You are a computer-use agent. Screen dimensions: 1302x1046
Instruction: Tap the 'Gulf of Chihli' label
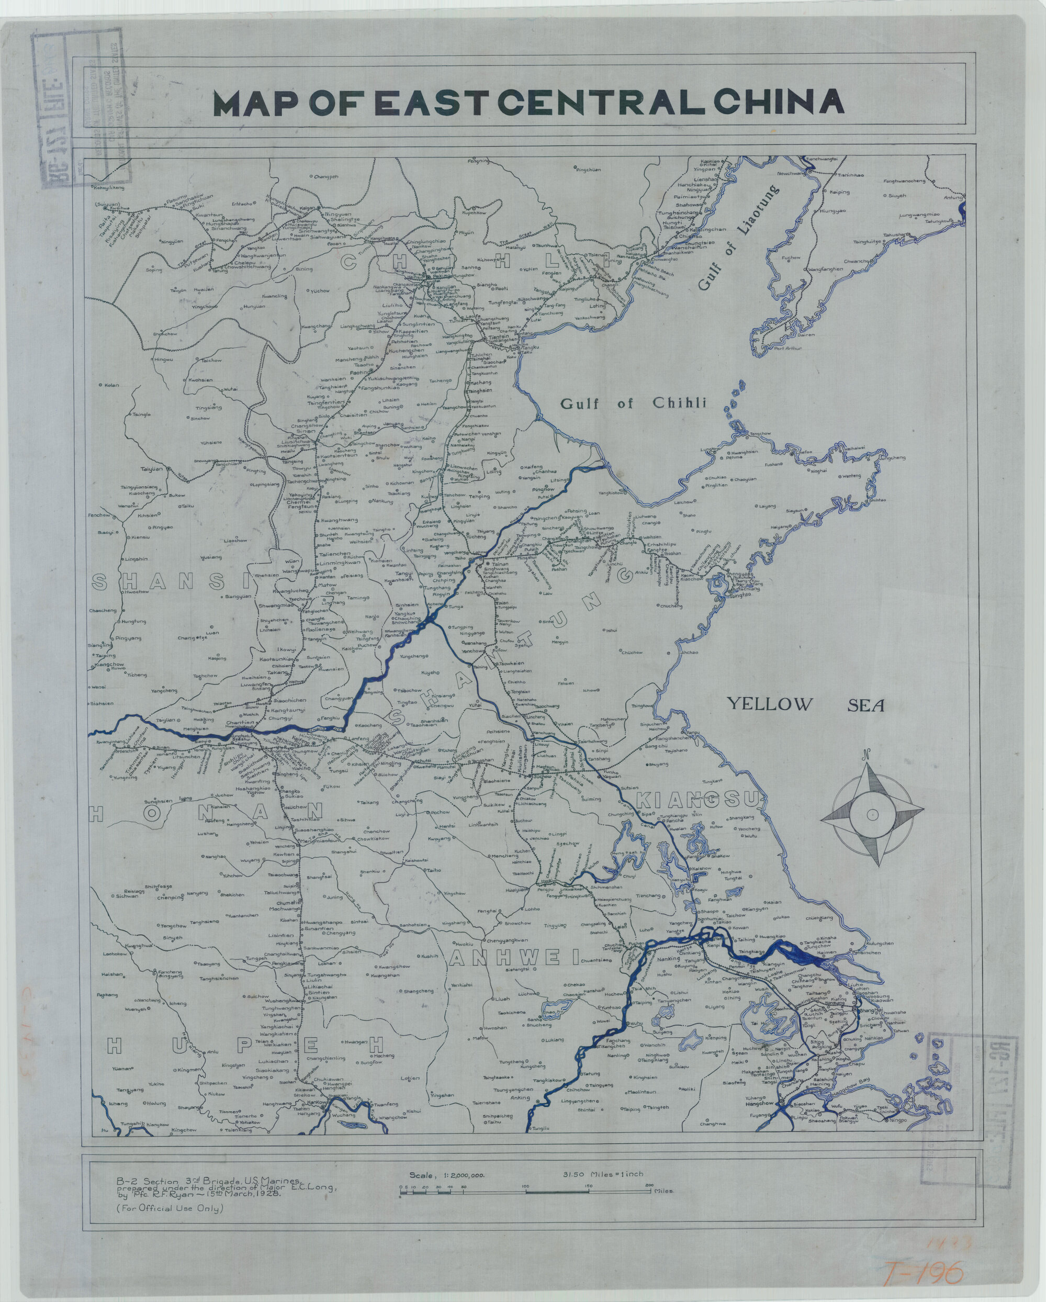633,403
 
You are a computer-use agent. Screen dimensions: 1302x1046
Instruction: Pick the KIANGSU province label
698,800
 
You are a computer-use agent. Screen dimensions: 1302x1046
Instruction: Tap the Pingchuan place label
588,170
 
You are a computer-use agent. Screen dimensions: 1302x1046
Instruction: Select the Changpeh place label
325,177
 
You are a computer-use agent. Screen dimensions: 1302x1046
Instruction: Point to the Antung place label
952,197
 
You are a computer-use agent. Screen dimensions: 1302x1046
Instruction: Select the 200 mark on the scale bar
649,1185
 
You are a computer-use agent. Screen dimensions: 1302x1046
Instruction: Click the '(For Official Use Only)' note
170,1208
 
